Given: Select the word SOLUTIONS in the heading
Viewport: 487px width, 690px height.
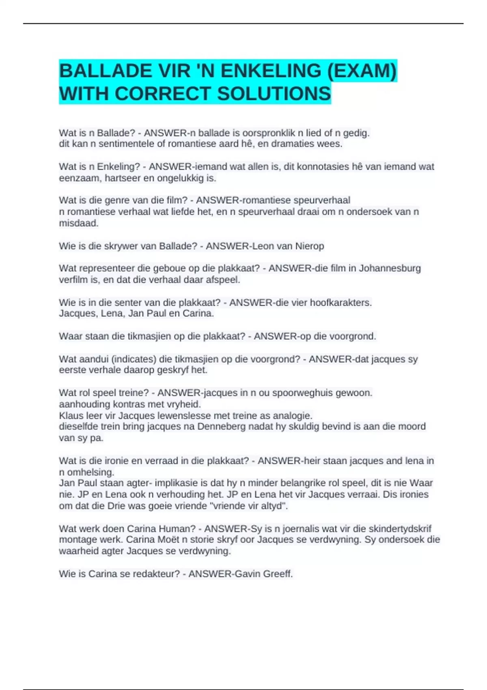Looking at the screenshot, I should point(274,94).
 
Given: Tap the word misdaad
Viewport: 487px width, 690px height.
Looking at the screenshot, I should point(78,223).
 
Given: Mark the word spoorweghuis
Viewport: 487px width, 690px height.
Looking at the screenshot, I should point(304,393).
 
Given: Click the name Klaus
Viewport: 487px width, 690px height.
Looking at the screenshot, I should point(71,416).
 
